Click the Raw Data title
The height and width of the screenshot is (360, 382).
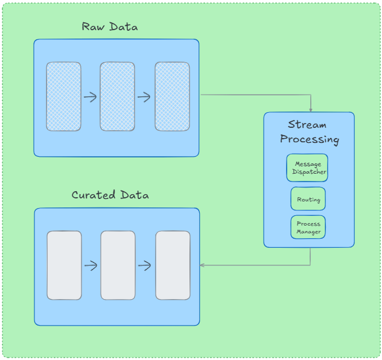coord(110,27)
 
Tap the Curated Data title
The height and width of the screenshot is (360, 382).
coord(110,195)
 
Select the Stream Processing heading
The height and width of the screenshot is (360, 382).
coord(308,132)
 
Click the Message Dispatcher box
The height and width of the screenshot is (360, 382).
coord(307,168)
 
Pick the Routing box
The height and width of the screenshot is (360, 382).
coord(308,199)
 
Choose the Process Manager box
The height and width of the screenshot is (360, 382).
coord(308,227)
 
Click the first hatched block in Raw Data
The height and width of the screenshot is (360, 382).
coord(63,96)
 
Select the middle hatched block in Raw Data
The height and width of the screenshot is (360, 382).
coord(117,96)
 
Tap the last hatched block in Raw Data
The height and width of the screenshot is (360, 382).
coord(172,96)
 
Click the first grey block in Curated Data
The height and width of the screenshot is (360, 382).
coord(64,265)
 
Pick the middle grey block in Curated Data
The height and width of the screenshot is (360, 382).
coord(118,265)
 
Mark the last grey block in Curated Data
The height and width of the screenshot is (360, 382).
coord(173,265)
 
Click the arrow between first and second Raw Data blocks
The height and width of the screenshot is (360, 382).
coord(91,97)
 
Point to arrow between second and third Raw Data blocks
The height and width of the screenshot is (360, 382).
coord(144,97)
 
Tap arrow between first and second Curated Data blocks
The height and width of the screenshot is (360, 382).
coord(91,265)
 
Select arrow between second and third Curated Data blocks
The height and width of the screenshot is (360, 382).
coord(145,265)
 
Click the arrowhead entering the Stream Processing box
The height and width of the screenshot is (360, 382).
coord(311,109)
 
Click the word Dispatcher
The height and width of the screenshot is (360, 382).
coord(309,172)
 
